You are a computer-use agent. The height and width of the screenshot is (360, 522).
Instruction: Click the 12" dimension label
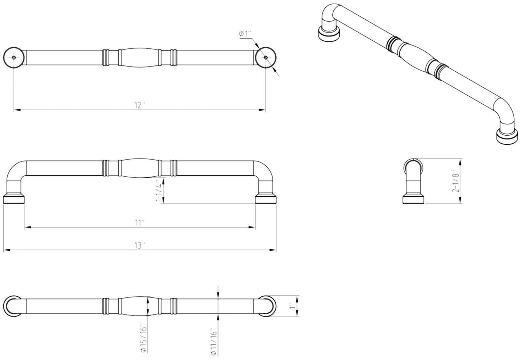tap(140, 105)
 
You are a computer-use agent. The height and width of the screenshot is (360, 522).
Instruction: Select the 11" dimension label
tap(140, 223)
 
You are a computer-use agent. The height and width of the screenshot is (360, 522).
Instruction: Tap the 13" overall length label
tap(140, 246)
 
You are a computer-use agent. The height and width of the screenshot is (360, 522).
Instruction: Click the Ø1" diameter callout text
tap(245, 34)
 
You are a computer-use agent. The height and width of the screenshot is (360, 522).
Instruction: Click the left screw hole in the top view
tap(14, 57)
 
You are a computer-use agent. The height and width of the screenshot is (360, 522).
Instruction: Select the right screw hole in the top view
tap(266, 57)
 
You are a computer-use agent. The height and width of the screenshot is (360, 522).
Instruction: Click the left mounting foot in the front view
tap(14, 199)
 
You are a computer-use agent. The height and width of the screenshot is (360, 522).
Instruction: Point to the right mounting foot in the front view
tap(266, 199)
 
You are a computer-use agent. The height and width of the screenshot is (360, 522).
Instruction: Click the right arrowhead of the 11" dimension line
tap(252, 227)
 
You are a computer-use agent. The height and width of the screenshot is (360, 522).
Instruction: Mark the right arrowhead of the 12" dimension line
tap(262, 110)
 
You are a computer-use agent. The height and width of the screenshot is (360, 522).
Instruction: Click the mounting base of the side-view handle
tap(413, 199)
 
